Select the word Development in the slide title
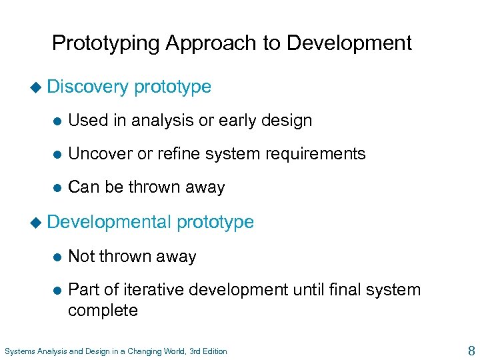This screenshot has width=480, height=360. [x=349, y=43]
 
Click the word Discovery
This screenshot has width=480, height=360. [x=87, y=87]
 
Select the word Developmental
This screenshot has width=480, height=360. [x=109, y=222]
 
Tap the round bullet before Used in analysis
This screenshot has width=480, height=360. [x=57, y=121]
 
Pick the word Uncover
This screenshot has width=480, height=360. [x=98, y=154]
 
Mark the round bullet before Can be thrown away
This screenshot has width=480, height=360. [x=57, y=188]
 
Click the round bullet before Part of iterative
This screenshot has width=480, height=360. [x=57, y=291]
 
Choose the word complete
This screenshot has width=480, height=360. [x=103, y=310]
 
